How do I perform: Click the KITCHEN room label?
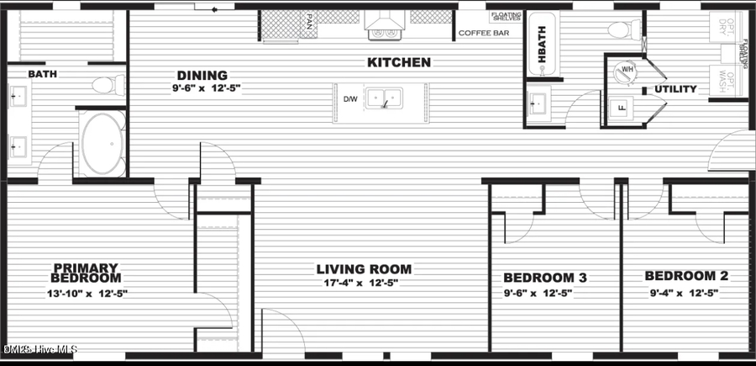(x=399, y=62)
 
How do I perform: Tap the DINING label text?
(x=202, y=75)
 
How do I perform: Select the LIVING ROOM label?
(x=364, y=269)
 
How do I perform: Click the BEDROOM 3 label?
(x=544, y=278)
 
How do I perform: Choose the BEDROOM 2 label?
(x=686, y=276)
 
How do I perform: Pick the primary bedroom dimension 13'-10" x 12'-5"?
(x=87, y=293)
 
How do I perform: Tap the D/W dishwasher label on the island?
(x=350, y=98)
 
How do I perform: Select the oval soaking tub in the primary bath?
(x=102, y=144)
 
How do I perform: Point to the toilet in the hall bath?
(x=622, y=30)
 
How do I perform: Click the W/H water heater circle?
(x=627, y=71)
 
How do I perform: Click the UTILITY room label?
(x=675, y=89)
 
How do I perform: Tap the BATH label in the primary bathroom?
(x=42, y=74)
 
